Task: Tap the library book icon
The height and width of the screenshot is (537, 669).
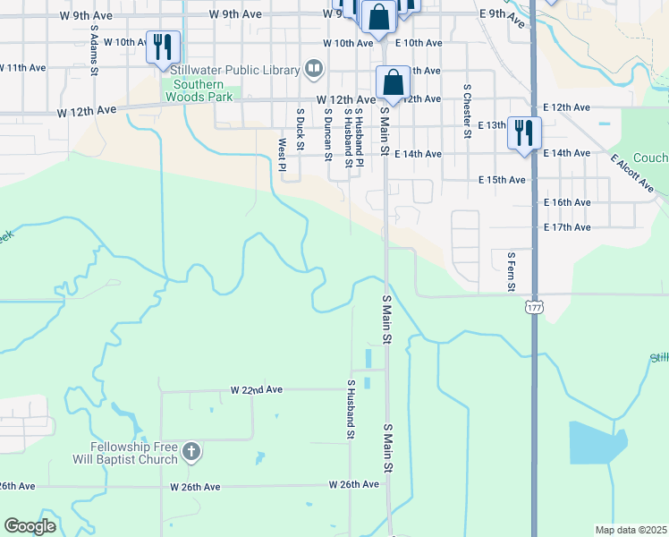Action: pyautogui.click(x=313, y=68)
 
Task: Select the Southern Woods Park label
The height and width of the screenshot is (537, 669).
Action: pyautogui.click(x=199, y=89)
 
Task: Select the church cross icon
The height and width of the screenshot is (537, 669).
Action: pyautogui.click(x=190, y=453)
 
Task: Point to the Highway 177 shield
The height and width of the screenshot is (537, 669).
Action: pyautogui.click(x=534, y=307)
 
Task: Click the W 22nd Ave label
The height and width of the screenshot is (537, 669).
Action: pyautogui.click(x=256, y=390)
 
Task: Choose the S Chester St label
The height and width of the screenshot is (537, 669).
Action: pyautogui.click(x=467, y=111)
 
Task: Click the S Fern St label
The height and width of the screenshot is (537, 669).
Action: pyautogui.click(x=511, y=270)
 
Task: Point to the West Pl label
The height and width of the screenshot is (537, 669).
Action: pyautogui.click(x=282, y=154)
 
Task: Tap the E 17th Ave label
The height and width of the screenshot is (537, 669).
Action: pyautogui.click(x=567, y=227)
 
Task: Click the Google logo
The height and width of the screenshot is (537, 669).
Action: pyautogui.click(x=30, y=526)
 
